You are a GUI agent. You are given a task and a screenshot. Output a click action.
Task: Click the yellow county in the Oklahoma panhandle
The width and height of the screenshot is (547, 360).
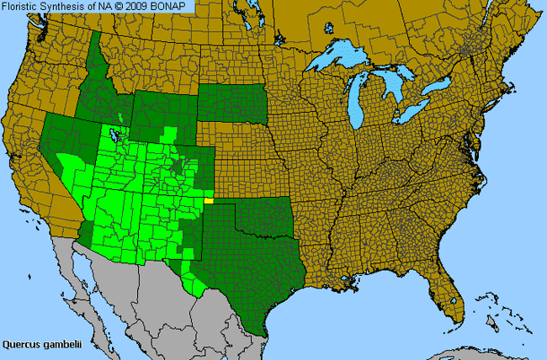[x=208, y=201]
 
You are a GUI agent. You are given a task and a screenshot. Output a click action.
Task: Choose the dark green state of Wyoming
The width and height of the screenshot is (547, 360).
[x=164, y=109]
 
